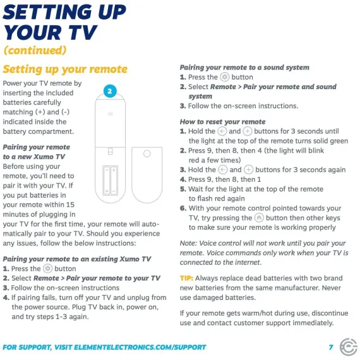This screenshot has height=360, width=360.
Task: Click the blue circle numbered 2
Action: pos(110,91)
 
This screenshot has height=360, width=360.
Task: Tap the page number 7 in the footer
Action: pos(331,347)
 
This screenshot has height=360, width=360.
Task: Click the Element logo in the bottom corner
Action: pos(348,347)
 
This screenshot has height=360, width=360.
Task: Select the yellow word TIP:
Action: pos(186,279)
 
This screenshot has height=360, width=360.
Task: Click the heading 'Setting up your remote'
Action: pos(65,69)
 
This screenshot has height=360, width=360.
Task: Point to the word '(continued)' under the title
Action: pos(35,51)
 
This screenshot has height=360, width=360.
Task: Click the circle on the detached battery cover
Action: pos(147,153)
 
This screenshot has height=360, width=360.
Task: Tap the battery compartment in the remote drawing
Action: pos(110,181)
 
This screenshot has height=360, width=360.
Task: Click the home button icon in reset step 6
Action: pos(259,218)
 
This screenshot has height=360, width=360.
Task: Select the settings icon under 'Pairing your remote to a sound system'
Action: pos(225,77)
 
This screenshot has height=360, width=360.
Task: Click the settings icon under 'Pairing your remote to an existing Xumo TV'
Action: pos(48,268)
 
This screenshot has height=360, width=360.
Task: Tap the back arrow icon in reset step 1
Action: pos(222,131)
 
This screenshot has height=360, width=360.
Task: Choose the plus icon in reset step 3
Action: pos(248,170)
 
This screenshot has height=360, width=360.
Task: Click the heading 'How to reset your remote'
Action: pos(223,122)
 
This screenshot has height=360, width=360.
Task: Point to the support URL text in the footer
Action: pos(104,347)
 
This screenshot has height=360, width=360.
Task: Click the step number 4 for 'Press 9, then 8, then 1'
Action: pos(183,179)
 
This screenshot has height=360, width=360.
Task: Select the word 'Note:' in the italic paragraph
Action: pos(188,243)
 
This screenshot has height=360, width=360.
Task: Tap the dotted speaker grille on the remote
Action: pos(110,114)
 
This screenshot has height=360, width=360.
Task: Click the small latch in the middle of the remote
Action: pos(110,152)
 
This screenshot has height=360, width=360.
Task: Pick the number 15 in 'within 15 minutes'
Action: pos(71,205)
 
